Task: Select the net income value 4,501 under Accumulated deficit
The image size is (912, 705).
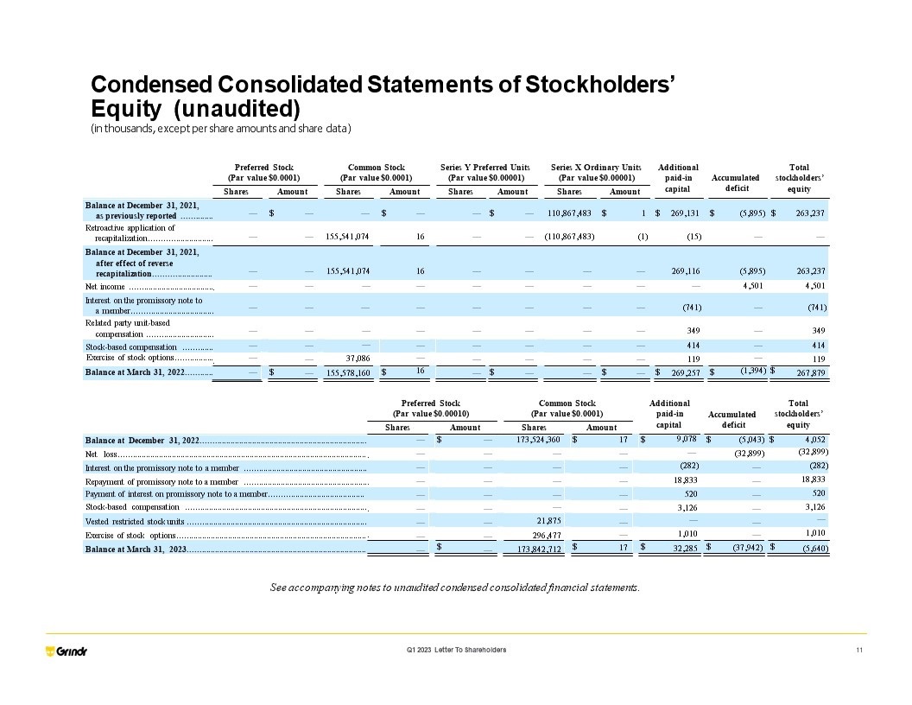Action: click(745, 285)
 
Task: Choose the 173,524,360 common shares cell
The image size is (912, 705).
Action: click(538, 440)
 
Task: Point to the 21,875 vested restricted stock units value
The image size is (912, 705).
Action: click(548, 521)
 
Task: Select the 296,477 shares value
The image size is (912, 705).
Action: click(548, 535)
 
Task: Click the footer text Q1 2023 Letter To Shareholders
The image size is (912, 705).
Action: click(456, 650)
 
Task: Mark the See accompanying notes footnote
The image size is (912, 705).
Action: click(455, 587)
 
